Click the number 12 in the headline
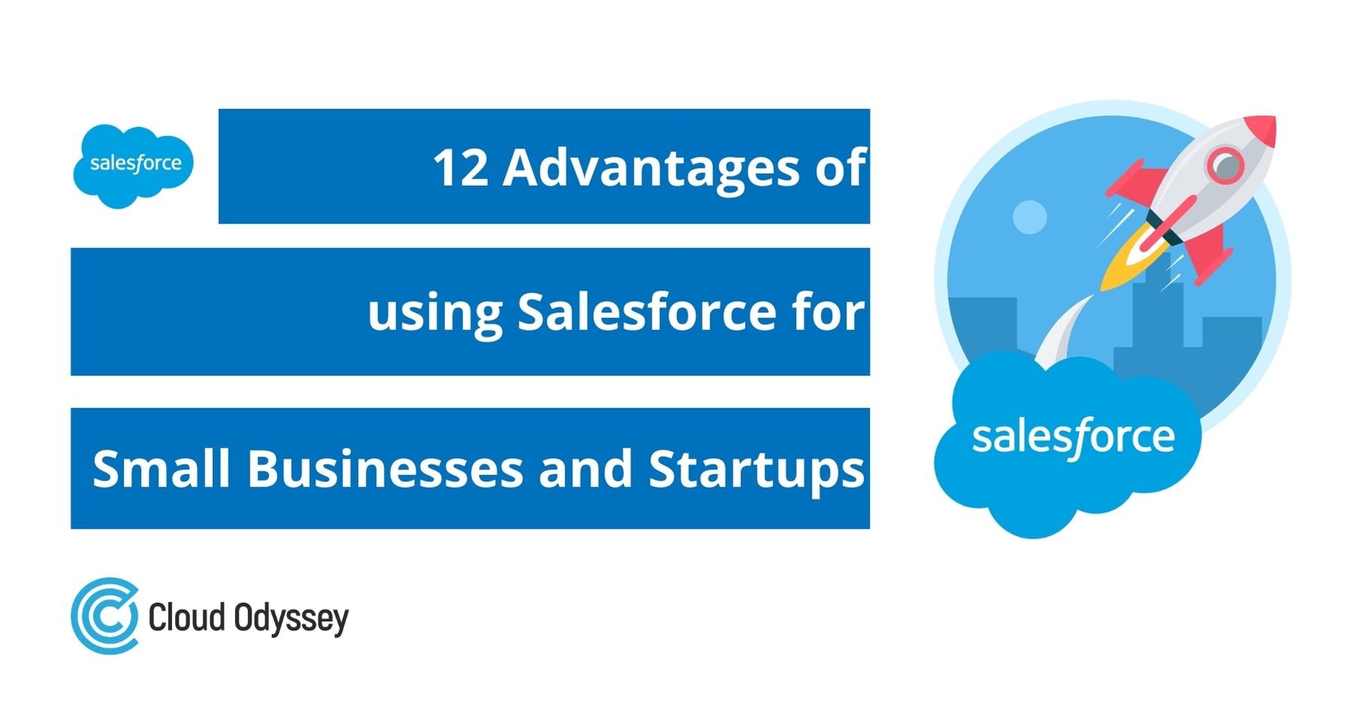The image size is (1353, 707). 460,167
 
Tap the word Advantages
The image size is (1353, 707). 652,168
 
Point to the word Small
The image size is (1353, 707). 161,469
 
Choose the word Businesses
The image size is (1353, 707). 385,469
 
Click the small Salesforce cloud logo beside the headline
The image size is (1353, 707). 133,165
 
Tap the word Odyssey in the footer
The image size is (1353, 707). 291,618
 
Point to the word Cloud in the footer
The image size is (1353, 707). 186,617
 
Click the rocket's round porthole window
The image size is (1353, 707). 1224,164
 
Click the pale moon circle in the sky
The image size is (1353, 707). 1029,217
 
